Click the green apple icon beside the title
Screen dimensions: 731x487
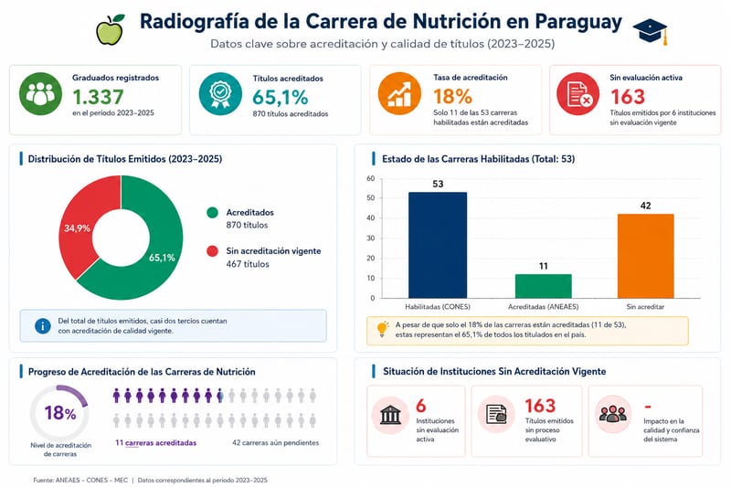click(110, 30)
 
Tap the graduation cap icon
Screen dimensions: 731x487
click(651, 31)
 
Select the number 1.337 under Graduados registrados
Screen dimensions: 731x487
click(98, 97)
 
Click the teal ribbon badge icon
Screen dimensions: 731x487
click(220, 94)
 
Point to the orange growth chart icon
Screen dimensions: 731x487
click(399, 94)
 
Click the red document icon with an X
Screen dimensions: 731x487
click(578, 94)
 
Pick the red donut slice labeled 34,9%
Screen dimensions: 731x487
click(86, 219)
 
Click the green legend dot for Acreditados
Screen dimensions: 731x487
click(212, 213)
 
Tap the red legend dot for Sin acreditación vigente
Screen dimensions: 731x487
click(212, 251)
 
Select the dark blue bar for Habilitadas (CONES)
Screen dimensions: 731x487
click(438, 245)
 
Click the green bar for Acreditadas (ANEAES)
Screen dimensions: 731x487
click(543, 286)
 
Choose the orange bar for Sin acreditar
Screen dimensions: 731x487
click(646, 256)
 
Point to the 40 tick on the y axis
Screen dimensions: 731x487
click(371, 217)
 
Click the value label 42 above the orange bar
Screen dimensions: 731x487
click(646, 206)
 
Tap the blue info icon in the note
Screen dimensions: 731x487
click(43, 326)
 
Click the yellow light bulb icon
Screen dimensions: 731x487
click(382, 329)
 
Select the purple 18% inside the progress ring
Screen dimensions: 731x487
click(60, 413)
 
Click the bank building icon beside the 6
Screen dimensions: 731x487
click(391, 415)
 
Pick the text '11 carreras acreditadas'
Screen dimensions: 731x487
click(155, 443)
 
